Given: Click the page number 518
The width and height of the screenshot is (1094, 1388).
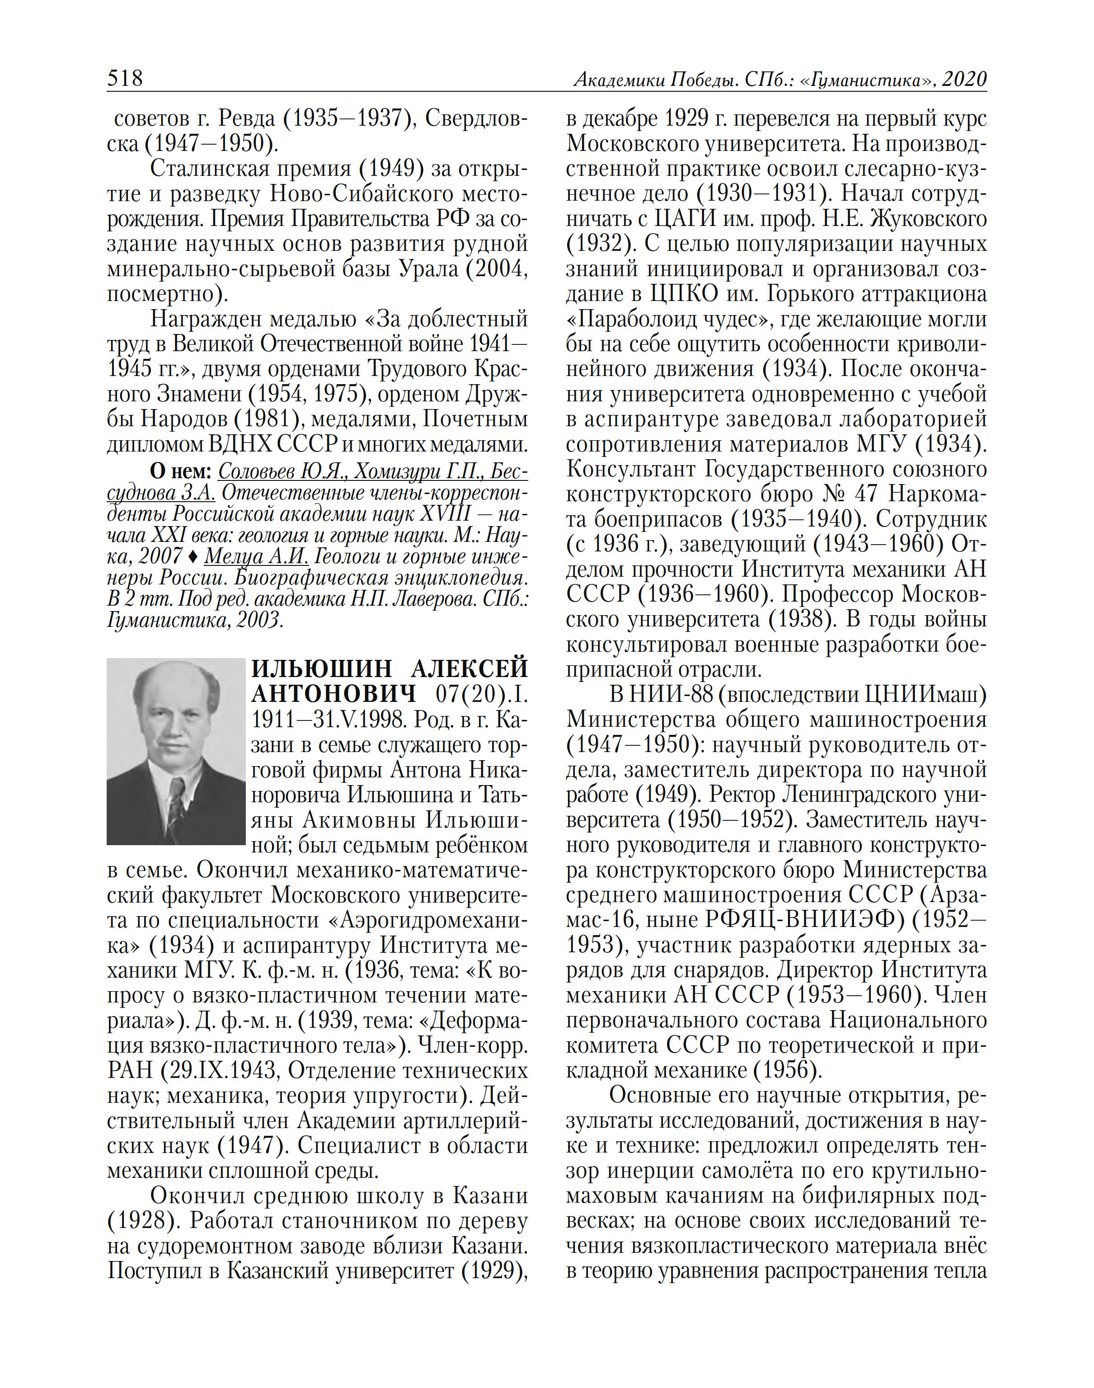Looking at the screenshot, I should coord(125,78).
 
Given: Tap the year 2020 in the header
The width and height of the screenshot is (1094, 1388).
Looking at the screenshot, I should coord(963,80).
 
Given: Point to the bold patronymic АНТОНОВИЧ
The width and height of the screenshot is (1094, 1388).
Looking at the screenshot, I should coord(333,694).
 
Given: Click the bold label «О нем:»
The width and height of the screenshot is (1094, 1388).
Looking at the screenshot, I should coord(181,471).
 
